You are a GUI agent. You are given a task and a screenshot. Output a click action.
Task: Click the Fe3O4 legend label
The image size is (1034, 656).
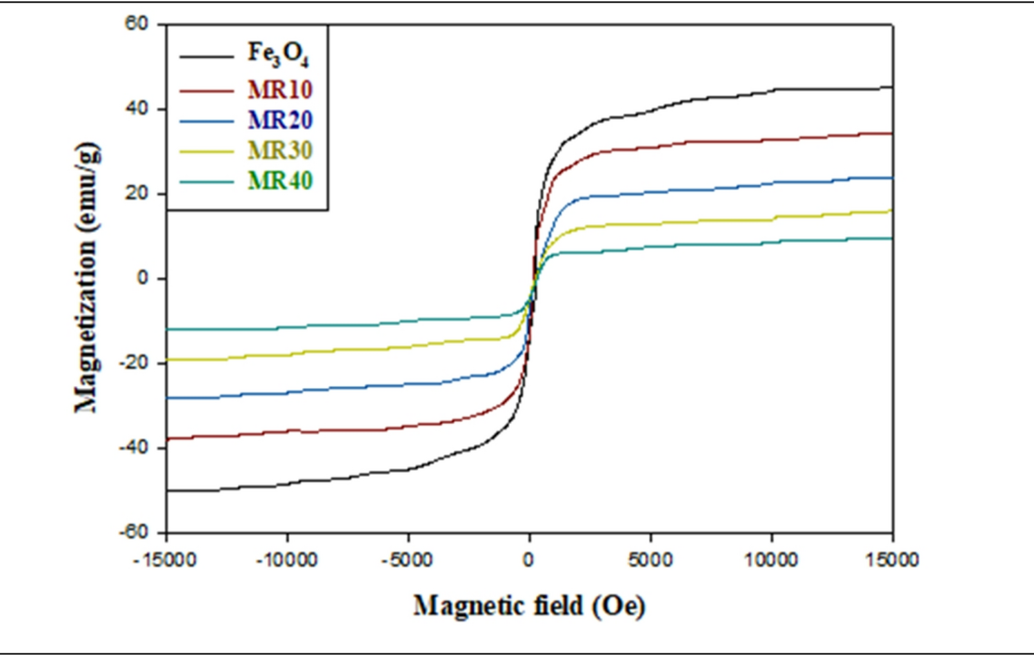[279, 55]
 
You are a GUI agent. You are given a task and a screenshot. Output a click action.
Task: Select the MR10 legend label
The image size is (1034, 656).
[280, 90]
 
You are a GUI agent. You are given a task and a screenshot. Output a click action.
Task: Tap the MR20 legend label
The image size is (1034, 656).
[280, 120]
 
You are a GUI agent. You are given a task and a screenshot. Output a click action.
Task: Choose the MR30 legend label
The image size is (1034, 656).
[280, 151]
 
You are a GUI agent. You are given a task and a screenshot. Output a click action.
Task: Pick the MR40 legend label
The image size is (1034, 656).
[280, 181]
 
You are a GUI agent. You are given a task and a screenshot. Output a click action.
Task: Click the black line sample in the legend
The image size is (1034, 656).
[206, 56]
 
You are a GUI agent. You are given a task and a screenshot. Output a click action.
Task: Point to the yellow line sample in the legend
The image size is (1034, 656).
[206, 151]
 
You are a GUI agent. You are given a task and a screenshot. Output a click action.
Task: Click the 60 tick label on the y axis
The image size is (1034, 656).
[137, 23]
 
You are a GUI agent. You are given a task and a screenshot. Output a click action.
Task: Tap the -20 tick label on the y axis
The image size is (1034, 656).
[134, 363]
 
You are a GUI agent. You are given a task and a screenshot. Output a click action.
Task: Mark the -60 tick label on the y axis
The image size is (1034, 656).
[134, 532]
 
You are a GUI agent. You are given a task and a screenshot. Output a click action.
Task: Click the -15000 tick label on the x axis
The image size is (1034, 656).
[165, 559]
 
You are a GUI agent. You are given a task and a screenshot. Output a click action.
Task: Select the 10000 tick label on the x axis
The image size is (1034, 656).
[771, 559]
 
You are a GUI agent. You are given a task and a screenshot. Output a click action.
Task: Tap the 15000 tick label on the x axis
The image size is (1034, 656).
[893, 559]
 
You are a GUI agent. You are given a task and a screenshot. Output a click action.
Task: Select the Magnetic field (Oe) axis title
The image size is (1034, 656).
[529, 606]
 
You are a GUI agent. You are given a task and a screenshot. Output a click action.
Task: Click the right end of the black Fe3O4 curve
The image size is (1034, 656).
[892, 87]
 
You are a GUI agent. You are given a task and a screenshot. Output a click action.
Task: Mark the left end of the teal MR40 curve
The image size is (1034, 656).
[168, 329]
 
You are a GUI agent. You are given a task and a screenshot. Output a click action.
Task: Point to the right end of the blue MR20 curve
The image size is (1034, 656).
[892, 178]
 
